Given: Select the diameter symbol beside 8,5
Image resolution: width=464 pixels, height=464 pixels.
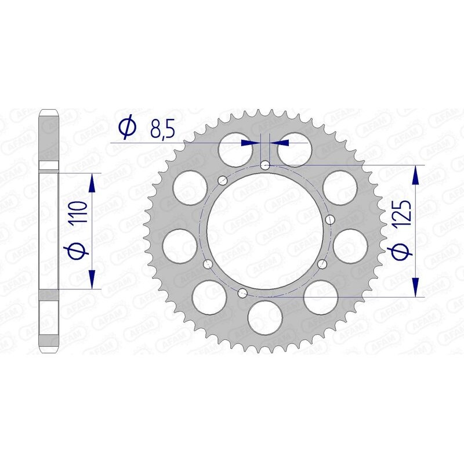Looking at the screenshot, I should click(x=127, y=128).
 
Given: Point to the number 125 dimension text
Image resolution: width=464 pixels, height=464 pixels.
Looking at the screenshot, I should click(x=404, y=213).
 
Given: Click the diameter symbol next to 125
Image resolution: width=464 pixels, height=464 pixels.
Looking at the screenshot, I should click(x=404, y=250).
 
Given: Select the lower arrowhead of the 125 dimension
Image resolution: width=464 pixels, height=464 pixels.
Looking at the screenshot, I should click(x=415, y=287).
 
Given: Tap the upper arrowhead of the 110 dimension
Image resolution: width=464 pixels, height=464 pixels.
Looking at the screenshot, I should click(x=91, y=183).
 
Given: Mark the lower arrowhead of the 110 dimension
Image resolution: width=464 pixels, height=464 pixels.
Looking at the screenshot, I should click(x=91, y=279).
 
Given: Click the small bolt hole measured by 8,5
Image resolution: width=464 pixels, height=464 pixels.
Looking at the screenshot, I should click(x=265, y=165).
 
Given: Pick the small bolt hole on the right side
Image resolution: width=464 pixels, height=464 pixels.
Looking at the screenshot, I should click(x=331, y=219).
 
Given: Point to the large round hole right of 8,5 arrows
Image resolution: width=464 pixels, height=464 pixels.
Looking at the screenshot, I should click(x=293, y=150).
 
